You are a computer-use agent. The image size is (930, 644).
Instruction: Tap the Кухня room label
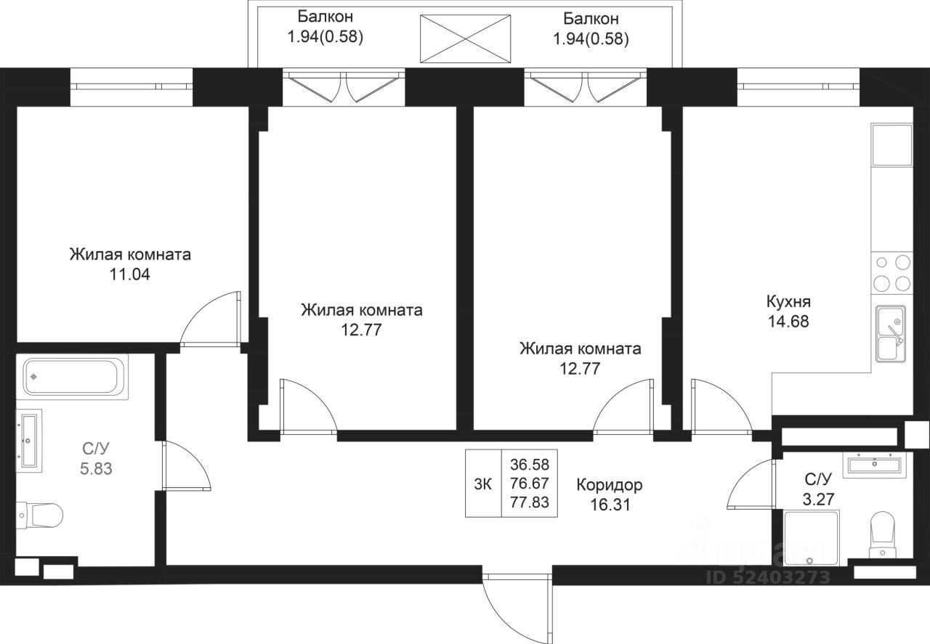(788, 302)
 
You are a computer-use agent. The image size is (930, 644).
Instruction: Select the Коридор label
(610, 484)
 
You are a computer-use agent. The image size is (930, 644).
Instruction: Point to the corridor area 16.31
(610, 502)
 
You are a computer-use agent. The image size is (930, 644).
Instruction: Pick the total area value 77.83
(530, 502)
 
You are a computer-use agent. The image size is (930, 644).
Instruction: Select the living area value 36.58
(530, 465)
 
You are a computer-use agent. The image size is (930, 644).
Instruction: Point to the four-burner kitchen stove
(891, 272)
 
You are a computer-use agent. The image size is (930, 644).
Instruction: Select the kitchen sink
(889, 333)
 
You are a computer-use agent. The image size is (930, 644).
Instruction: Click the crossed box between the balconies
(466, 38)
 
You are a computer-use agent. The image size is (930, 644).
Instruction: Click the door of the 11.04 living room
(211, 318)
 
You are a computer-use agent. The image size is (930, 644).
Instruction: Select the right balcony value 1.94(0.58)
(590, 37)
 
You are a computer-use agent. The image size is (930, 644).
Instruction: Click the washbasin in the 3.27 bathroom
(876, 462)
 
